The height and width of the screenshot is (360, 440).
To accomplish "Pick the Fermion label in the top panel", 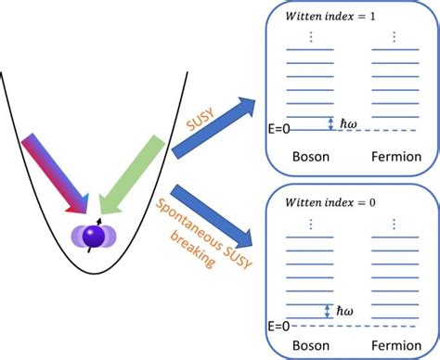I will click(395, 159).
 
